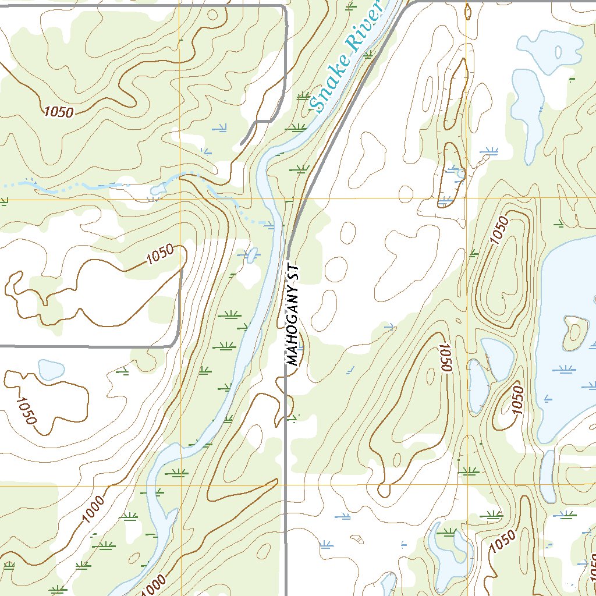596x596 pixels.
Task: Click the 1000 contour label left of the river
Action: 93,509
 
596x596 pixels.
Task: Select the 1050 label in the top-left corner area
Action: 58,111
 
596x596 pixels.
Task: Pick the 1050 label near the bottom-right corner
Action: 503,542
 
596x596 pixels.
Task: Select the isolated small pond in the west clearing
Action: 51,369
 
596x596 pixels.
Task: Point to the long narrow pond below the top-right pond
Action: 527,111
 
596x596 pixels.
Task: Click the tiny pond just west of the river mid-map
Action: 251,254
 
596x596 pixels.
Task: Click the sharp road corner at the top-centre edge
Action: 285,8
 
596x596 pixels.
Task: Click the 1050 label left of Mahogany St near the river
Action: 160,255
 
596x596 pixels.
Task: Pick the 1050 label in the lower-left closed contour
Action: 26,410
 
